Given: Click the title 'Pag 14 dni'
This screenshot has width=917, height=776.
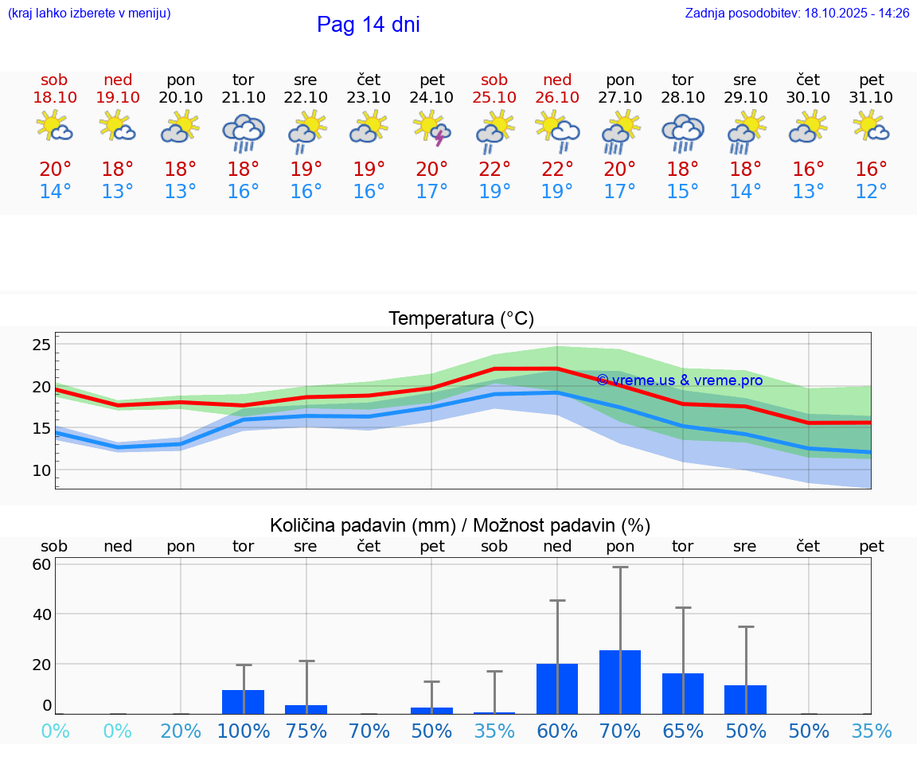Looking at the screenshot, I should point(368,25).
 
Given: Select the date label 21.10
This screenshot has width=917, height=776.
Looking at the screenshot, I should point(244,97).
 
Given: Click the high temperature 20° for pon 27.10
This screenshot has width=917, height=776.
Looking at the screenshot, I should point(620,170).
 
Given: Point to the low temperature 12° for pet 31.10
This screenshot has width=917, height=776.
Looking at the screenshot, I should point(871,192).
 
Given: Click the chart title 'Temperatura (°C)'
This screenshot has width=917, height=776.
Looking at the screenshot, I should point(461,319).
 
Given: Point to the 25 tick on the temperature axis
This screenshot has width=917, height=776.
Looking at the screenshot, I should point(41,345).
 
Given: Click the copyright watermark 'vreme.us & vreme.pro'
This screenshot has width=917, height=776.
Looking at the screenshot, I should point(679,380).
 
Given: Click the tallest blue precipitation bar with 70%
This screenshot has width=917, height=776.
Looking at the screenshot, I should point(620,682).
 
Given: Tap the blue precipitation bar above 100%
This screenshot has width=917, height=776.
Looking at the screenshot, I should point(244,702).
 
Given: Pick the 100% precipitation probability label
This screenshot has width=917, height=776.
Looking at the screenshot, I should point(244,731).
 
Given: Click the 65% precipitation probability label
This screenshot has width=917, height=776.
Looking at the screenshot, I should point(683,731).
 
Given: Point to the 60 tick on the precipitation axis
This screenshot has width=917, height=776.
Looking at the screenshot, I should point(41,564).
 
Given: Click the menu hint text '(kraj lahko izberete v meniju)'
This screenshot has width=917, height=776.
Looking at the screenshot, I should point(89,14).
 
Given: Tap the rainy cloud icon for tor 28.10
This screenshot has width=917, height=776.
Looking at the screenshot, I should point(683,132).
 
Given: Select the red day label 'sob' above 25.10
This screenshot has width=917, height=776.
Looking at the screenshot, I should point(494,80).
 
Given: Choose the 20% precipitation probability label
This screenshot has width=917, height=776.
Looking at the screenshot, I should point(181,731).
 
